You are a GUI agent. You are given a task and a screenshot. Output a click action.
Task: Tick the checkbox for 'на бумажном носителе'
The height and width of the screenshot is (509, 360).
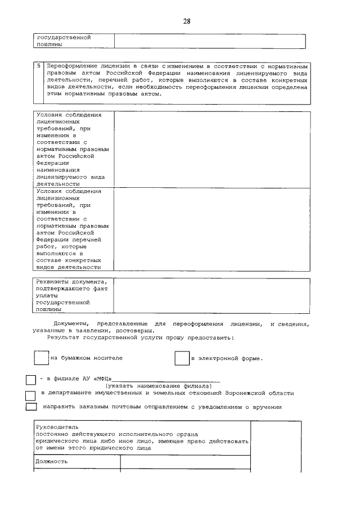(41, 358)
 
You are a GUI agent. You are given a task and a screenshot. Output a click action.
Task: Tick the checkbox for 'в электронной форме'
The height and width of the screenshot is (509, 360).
(182, 358)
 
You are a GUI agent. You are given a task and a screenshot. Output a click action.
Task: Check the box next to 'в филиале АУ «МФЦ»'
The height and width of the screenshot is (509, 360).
(31, 380)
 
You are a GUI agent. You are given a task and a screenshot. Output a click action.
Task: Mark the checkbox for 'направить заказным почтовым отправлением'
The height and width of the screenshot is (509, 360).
(31, 407)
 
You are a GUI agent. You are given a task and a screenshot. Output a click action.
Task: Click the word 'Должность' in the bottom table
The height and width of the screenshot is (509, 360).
(52, 461)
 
